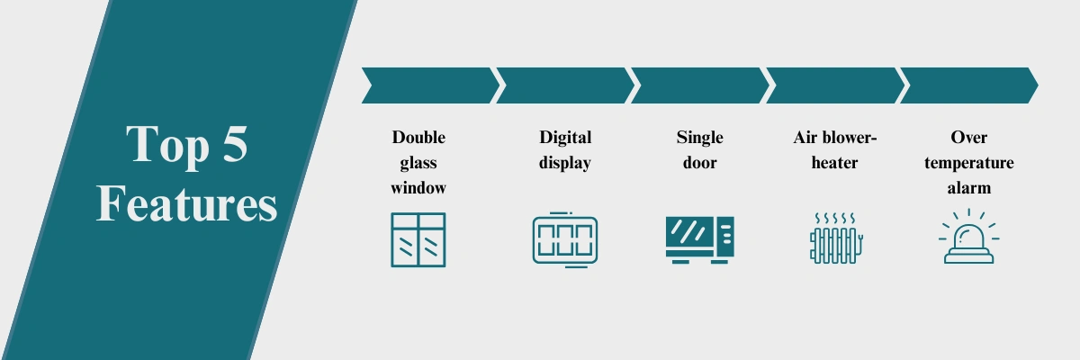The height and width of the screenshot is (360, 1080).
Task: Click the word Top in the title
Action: [x=167, y=146]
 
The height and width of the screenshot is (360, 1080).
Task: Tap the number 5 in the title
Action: [x=235, y=144]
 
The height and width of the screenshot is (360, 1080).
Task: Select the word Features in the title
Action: [x=186, y=203]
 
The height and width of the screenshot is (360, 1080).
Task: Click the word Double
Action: [x=418, y=138]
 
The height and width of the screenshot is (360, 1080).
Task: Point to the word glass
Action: [x=418, y=163]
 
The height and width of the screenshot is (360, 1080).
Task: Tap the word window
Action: [x=418, y=187]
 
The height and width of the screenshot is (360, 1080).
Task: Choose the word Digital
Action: [x=565, y=139]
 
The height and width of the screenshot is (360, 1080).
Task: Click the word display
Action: [x=565, y=163]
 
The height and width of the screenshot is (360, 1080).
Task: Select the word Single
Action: [x=699, y=139]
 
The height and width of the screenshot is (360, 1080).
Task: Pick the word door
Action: [x=699, y=162]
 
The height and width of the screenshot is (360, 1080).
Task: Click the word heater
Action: [x=834, y=162]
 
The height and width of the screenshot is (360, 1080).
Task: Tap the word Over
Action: [x=969, y=138]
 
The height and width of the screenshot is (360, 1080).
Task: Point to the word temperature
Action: [x=969, y=164]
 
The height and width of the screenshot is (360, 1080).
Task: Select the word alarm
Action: [x=969, y=187]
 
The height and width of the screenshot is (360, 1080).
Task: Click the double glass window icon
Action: [x=418, y=239]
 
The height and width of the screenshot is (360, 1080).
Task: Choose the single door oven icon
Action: [x=699, y=240]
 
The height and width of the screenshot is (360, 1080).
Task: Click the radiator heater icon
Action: [x=836, y=238]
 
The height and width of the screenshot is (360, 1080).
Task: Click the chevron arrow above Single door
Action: [x=700, y=85]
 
